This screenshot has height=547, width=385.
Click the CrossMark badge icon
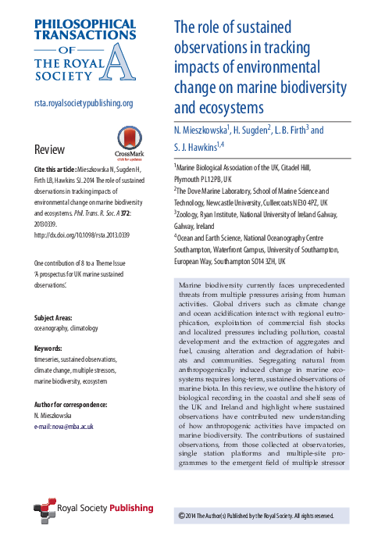130,140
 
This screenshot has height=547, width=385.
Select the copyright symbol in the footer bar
181,517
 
